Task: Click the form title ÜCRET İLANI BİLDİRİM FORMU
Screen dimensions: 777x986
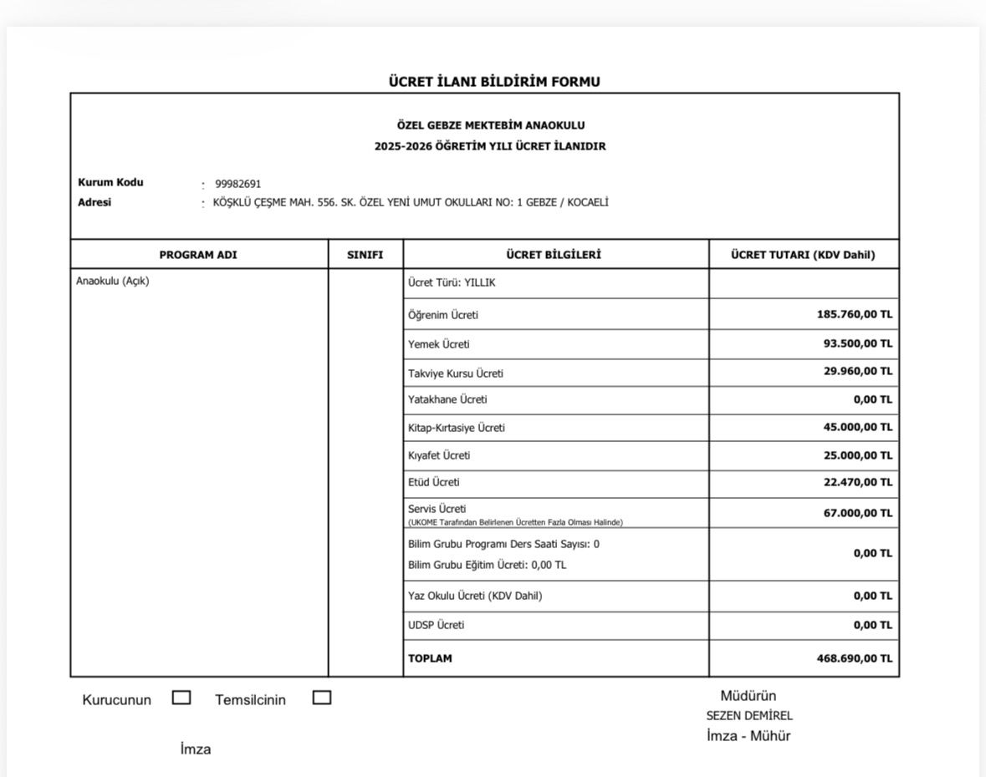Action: coord(493,82)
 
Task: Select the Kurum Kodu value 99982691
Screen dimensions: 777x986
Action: coord(238,184)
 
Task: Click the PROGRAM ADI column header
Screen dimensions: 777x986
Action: coord(198,255)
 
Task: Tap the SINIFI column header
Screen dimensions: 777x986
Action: coord(365,255)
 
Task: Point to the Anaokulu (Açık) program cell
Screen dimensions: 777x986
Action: coord(113,281)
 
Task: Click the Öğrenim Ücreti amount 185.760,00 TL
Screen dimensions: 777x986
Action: coord(854,315)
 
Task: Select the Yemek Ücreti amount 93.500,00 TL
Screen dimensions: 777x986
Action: coord(857,343)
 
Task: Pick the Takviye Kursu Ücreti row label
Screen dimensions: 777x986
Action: coord(456,373)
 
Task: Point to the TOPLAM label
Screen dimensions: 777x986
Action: coord(430,658)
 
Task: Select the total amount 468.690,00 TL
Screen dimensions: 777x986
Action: coord(854,658)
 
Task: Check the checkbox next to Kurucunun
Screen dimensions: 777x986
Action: coord(181,698)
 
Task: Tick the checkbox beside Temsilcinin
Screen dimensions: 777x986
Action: coord(322,698)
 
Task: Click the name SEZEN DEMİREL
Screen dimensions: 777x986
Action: coord(749,716)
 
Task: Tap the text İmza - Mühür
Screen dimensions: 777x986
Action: coord(748,736)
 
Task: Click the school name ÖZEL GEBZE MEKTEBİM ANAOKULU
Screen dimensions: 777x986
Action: coord(491,126)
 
